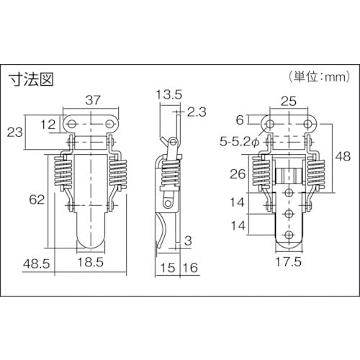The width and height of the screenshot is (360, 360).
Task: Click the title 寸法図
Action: pyautogui.click(x=31, y=78)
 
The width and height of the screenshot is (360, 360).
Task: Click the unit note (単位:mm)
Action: pyautogui.click(x=319, y=77)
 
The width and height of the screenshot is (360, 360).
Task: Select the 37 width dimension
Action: pyautogui.click(x=93, y=100)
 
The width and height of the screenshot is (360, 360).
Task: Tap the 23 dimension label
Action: pyautogui.click(x=14, y=132)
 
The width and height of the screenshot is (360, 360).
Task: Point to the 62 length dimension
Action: pyautogui.click(x=37, y=199)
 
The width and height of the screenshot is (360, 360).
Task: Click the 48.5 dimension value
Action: pyautogui.click(x=36, y=264)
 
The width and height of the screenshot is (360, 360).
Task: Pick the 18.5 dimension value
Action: pyautogui.click(x=91, y=262)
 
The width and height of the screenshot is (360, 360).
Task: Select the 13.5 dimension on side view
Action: pyautogui.click(x=169, y=94)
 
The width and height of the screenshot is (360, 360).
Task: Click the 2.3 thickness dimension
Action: pyautogui.click(x=197, y=112)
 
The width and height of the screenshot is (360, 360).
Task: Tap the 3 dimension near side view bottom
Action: pyautogui.click(x=189, y=241)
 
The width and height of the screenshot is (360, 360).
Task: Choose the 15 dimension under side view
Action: pyautogui.click(x=168, y=268)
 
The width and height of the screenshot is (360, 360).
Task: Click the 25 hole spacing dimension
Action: pyautogui.click(x=289, y=102)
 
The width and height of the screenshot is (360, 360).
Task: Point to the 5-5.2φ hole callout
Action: pyautogui.click(x=240, y=142)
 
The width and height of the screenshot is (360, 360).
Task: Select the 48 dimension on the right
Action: pyautogui.click(x=343, y=156)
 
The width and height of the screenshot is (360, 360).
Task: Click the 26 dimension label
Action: pyautogui.click(x=238, y=174)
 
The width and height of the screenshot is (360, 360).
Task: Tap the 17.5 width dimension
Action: pyautogui.click(x=289, y=262)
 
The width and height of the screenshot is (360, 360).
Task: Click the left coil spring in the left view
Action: pyautogui.click(x=63, y=171)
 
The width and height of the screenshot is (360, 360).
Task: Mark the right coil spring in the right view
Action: pyautogui.click(x=317, y=171)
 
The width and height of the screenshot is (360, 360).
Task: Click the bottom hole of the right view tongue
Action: pyautogui.click(x=289, y=235)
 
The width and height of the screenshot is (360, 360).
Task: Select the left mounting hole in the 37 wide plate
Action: pyautogui.click(x=73, y=124)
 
